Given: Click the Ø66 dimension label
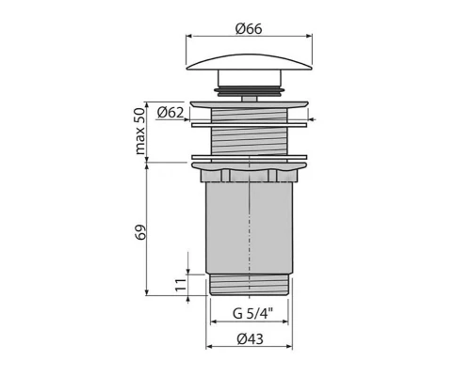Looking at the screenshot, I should tap(249, 28).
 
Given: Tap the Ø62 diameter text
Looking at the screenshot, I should tap(171, 113).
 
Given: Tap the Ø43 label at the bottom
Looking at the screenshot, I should tap(249, 339).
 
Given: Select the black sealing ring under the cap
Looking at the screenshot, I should tap(250, 90).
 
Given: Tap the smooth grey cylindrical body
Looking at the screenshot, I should tap(250, 226).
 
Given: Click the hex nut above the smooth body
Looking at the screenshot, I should tap(250, 175).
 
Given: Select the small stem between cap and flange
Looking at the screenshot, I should tap(250, 97).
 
